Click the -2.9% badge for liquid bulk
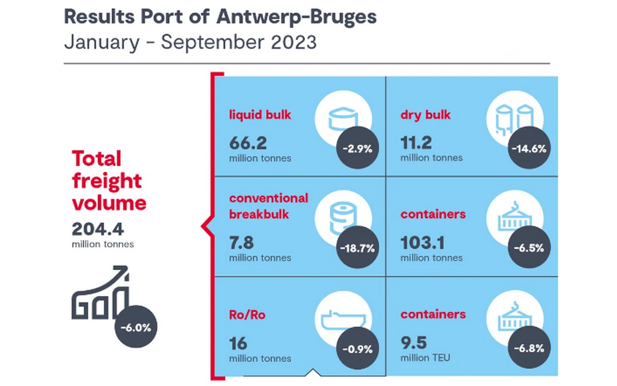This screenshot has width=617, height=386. point(357,149)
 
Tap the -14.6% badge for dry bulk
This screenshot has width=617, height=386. point(528,149)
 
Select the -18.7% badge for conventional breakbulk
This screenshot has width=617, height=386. point(357,248)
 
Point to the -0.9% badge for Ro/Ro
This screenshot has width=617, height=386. point(357,349)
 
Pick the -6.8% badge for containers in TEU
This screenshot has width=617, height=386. point(528,349)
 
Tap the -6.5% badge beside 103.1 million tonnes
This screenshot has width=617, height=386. point(528,248)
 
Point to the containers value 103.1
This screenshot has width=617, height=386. point(422,242)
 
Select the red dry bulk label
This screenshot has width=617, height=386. point(425,114)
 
